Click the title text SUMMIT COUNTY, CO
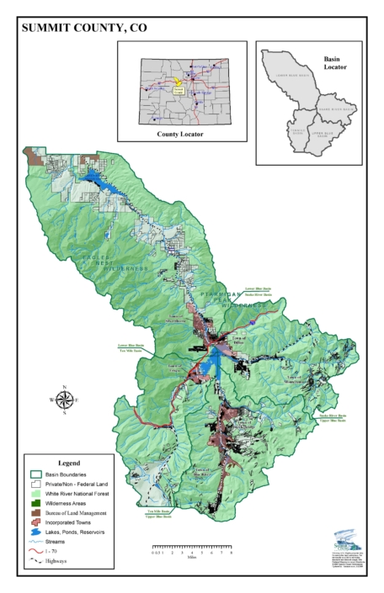click(x=83, y=28)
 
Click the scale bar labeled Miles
click(x=195, y=551)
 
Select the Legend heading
click(x=69, y=463)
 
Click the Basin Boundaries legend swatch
click(x=35, y=475)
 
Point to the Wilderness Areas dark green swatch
click(x=35, y=503)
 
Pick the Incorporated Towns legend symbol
click(x=35, y=522)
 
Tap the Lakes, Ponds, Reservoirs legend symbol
click(x=35, y=532)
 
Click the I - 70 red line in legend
click(x=35, y=551)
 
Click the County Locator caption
click(x=180, y=134)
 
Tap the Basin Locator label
click(x=335, y=63)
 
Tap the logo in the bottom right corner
click(x=346, y=537)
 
